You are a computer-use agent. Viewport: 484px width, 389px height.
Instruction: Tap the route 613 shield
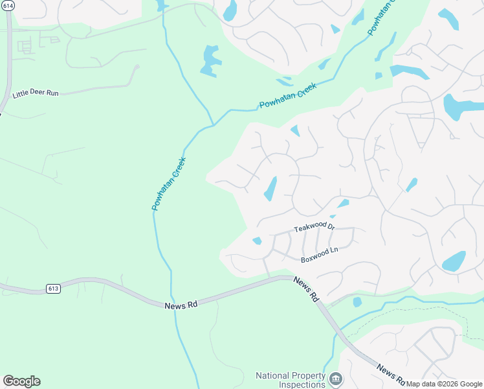53,289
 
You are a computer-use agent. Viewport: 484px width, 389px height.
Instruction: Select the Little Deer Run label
36,93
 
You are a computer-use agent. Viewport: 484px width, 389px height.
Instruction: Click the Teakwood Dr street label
314,227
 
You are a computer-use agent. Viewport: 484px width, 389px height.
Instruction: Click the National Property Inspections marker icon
335,378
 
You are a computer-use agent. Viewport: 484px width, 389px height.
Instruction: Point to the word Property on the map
310,375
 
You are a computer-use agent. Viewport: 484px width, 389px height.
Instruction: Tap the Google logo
21,381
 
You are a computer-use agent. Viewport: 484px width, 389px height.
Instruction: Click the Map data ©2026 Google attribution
445,384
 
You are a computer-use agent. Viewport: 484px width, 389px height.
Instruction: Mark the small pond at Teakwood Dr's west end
257,241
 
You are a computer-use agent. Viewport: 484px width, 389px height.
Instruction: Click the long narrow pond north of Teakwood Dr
270,189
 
